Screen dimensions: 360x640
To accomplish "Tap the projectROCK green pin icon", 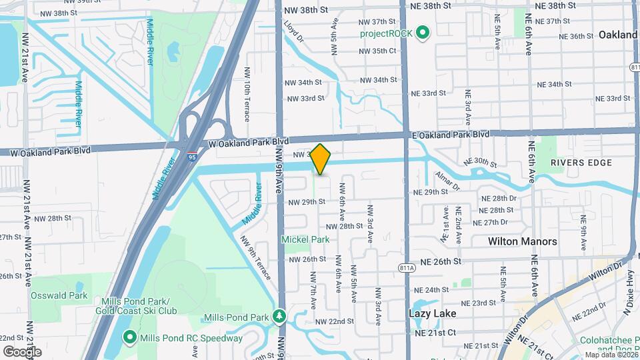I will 423,33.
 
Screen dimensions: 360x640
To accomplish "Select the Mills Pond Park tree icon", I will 281,316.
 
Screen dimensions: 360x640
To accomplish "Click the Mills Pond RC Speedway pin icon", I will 129,338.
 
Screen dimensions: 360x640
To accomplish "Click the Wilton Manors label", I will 523,241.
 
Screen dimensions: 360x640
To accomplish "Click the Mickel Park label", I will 305,239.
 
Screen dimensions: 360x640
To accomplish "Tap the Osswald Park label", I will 69,295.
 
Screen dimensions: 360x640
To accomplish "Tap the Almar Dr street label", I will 448,180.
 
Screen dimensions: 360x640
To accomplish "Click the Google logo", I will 22,351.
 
